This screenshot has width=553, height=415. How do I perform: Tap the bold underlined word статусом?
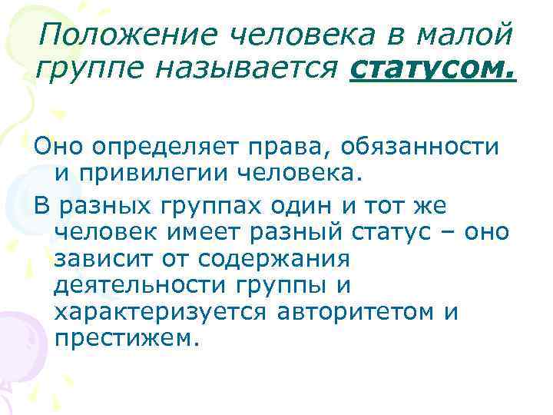pyautogui.click(x=433, y=71)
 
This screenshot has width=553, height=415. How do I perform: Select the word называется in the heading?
pyautogui.click(x=251, y=71)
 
